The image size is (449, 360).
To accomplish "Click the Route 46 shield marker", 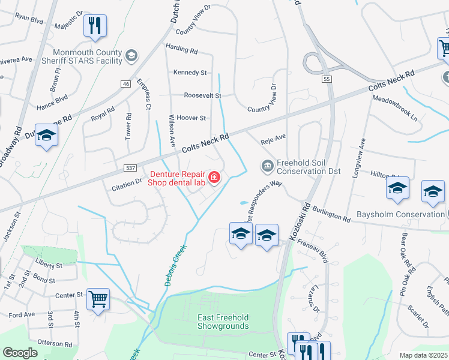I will point(125,85).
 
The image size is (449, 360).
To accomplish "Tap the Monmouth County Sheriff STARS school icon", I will point(131,57).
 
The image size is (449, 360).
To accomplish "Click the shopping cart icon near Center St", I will point(98,298).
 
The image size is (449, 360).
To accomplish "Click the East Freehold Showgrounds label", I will point(223,322).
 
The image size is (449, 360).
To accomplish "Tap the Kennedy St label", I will point(190,73).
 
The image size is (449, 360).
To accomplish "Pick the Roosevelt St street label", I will point(202,95).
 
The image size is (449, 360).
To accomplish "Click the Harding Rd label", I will point(181,51).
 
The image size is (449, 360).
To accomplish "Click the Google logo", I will point(20,353).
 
